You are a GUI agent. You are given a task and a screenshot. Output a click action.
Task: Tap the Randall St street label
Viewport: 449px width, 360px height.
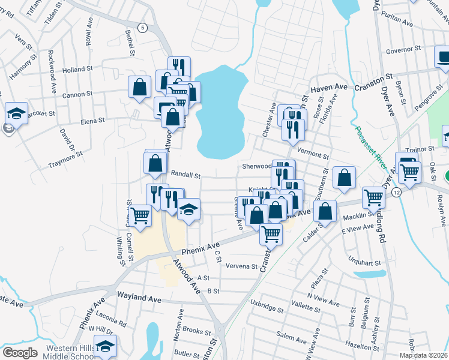(185, 174)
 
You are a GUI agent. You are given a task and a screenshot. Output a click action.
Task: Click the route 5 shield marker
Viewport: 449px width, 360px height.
(142, 28)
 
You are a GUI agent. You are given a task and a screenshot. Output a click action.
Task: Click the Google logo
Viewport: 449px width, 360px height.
(20, 353)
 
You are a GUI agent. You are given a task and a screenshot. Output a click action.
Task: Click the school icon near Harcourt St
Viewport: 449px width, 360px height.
(16, 113)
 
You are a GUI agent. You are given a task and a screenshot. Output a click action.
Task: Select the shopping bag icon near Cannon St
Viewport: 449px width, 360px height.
(140, 87)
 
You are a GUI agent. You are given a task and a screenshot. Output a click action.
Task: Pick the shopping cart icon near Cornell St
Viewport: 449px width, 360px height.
(140, 215)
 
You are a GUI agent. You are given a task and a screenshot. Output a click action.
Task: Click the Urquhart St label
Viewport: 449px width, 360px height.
(365, 262)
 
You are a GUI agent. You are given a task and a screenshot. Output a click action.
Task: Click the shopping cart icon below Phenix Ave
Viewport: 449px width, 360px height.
(271, 233)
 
